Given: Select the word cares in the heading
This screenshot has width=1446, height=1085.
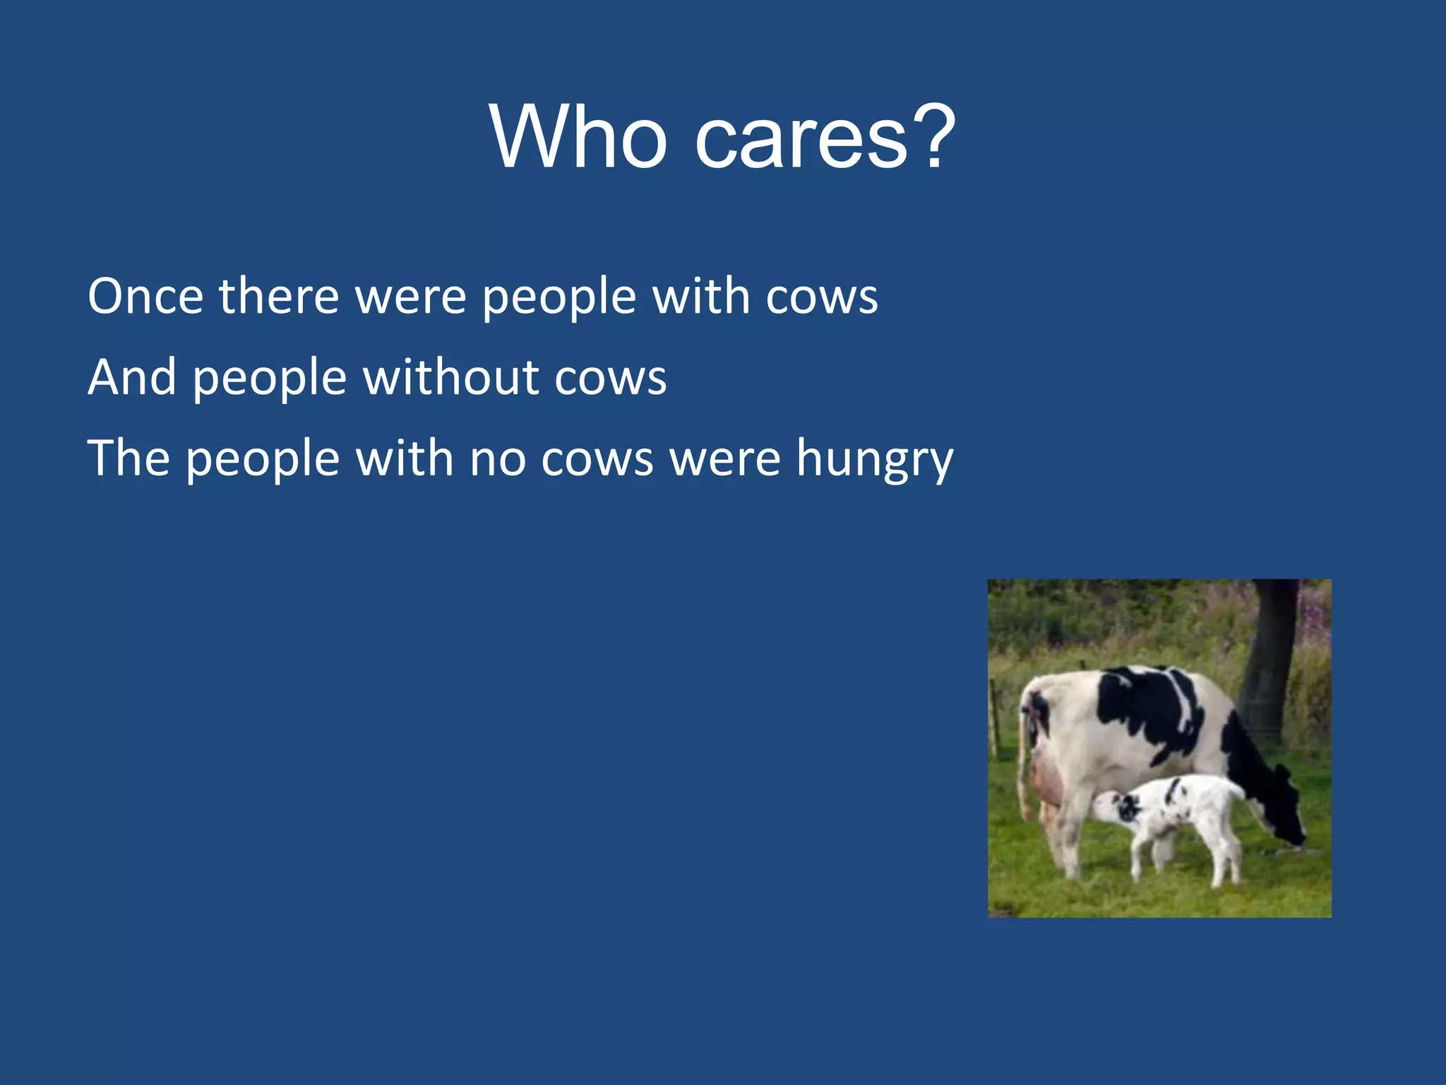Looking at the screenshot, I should (x=802, y=141).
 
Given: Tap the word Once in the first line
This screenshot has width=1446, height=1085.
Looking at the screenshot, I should (x=145, y=296).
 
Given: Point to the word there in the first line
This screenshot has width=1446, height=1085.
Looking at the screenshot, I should (x=279, y=296).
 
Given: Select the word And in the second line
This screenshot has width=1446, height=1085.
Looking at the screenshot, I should (x=131, y=377).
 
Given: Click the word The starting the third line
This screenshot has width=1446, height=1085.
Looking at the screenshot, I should (x=128, y=458).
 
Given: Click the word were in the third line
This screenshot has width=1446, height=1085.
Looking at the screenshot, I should (x=725, y=460).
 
